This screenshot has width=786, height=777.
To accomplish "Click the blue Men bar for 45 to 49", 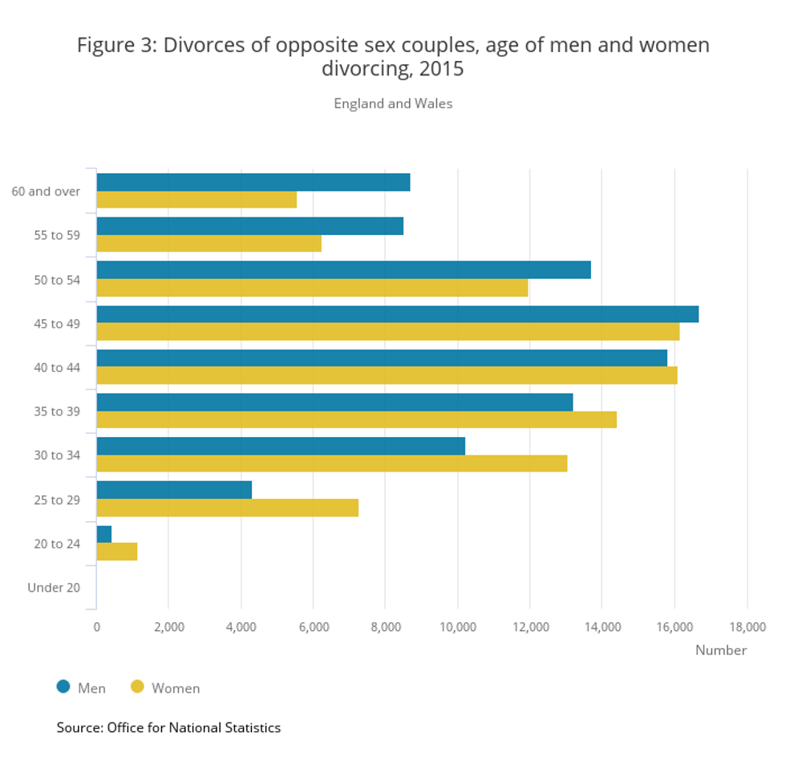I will [397, 314].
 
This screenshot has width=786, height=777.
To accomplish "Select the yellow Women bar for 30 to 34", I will [331, 463].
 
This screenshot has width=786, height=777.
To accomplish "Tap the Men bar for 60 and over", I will [253, 182].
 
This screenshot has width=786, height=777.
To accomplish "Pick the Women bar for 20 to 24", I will [117, 552].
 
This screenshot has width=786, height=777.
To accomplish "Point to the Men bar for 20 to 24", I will [104, 534].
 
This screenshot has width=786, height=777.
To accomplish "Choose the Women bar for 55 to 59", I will [209, 244].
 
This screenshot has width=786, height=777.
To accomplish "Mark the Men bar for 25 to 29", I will [174, 490].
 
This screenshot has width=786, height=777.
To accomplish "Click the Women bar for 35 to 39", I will [356, 419].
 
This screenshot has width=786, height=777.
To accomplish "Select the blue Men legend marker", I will [63, 686].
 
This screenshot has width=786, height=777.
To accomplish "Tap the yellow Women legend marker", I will [137, 686].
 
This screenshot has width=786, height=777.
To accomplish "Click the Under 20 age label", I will [54, 588].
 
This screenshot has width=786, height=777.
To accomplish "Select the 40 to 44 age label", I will [56, 367].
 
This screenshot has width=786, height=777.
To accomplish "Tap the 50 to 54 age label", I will [56, 279].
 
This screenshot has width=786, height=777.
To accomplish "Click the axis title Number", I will [720, 650].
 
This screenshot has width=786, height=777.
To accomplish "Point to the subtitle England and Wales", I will [393, 103].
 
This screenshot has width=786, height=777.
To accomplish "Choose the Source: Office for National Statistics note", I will [168, 728].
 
